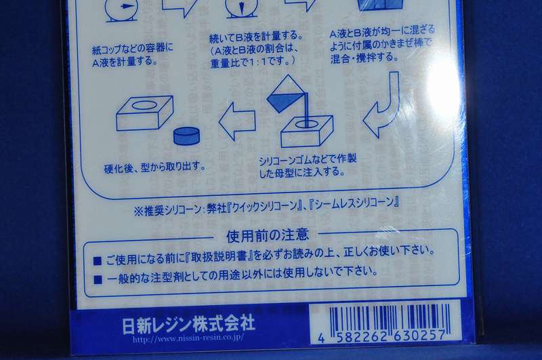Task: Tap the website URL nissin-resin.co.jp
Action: click(187, 337)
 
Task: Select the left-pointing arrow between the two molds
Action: click(236, 121)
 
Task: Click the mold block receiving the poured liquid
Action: click(306, 130)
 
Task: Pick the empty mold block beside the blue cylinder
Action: click(143, 113)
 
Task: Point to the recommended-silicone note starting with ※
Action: click(266, 203)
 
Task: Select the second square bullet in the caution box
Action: click(97, 277)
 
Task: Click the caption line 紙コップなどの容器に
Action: click(133, 47)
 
